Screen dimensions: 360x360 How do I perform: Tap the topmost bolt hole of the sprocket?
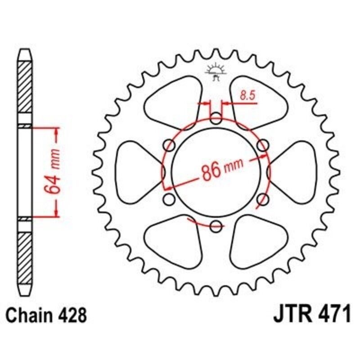(216, 120)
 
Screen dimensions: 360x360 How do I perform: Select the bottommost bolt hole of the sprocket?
(216, 225)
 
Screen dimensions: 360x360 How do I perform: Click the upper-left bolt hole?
(170, 145)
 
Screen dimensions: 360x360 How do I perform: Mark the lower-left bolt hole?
(170, 198)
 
